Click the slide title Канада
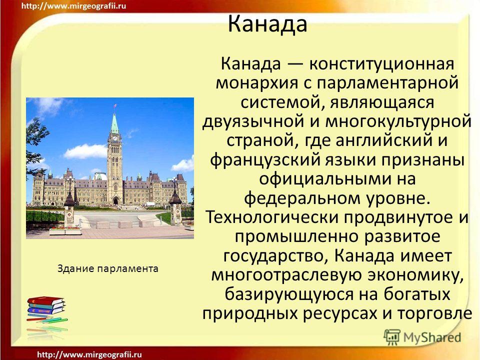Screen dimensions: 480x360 pos(267,24)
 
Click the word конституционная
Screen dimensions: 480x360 pos(381,64)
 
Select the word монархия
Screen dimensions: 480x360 pos(257,83)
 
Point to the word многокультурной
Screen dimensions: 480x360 pos(398,121)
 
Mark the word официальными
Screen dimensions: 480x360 pos(324,179)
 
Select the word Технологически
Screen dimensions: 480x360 pos(272,217)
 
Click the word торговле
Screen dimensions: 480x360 pos(434,313)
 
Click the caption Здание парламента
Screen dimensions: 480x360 pos(108,269)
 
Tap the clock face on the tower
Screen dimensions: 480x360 pos(115,138)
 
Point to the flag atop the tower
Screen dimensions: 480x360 pos(115,105)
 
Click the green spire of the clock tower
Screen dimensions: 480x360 pos(115,124)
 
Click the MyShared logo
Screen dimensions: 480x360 pos(422,337)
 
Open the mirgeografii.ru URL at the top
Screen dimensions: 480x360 pos(73,6)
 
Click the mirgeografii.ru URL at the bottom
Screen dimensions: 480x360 pos(89,355)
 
